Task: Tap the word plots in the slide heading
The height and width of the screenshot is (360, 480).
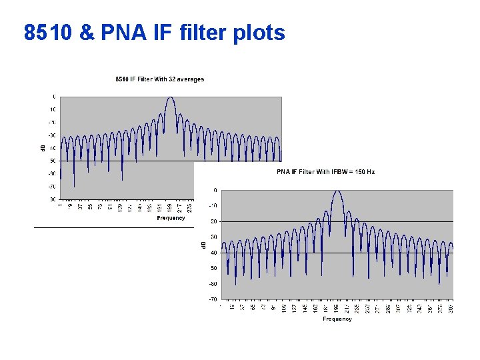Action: tap(259, 33)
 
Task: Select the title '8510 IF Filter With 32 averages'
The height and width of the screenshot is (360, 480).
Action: tap(159, 79)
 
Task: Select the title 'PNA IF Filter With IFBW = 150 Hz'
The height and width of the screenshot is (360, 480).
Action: tap(325, 172)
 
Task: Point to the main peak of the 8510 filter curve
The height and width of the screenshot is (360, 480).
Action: tap(170, 97)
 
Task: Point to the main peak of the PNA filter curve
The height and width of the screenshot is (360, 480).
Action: tap(337, 191)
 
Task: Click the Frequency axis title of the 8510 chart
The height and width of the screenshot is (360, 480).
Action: tap(171, 218)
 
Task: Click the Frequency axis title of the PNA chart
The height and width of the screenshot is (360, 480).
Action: tap(337, 319)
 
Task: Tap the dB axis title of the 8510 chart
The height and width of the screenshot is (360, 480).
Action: tap(45, 147)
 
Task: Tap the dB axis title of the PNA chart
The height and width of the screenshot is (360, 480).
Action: tap(204, 245)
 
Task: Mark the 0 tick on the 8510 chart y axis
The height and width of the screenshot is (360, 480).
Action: tap(54, 97)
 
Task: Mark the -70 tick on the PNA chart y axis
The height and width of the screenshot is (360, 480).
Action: tap(213, 299)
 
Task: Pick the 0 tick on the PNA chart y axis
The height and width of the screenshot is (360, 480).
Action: tap(215, 191)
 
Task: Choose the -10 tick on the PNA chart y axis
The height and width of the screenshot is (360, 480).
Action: tap(213, 206)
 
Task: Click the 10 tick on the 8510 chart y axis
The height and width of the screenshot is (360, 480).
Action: tap(52, 109)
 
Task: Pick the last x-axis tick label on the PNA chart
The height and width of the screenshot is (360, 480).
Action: tap(451, 307)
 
